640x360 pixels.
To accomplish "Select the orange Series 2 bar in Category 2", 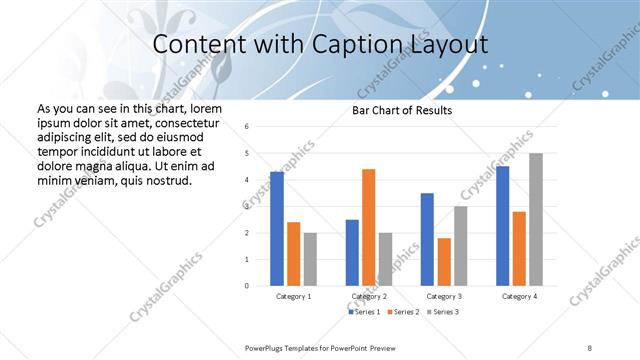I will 368,227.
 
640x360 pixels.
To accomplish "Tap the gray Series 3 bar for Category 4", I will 536,219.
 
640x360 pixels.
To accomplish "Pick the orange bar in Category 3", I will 443,261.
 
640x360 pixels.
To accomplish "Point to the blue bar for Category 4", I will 502,225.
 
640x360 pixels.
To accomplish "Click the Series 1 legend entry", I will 365,312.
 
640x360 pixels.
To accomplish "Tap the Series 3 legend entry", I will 444,312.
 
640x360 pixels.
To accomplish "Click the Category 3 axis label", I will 443,296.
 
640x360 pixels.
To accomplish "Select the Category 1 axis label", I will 293,296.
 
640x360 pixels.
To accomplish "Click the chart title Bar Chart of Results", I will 402,110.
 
